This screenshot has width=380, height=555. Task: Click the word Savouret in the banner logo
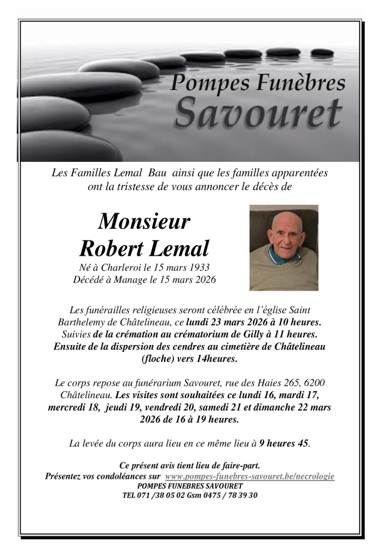pyautogui.click(x=258, y=112)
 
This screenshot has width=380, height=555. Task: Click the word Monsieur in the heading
pyautogui.click(x=144, y=221)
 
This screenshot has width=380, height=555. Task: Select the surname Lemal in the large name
pyautogui.click(x=178, y=248)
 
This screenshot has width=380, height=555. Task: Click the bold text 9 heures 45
pyautogui.click(x=284, y=444)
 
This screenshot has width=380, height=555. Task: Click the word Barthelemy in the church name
pyautogui.click(x=79, y=322)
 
